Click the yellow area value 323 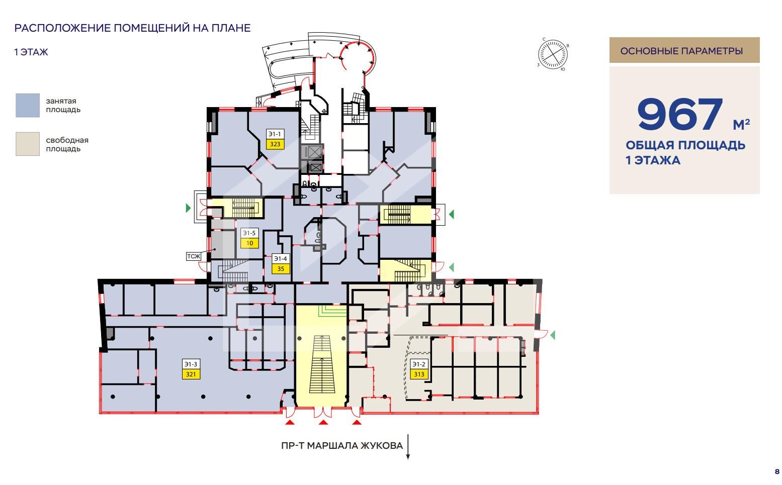coord(275,144)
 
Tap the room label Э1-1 coord(275,134)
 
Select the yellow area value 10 coord(249,243)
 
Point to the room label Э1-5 coord(249,233)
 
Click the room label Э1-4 coord(281,258)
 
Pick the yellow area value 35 coord(281,269)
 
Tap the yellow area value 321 coord(191,374)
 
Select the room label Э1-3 coord(191,364)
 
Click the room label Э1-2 coord(419,364)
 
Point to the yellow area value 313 coord(419,374)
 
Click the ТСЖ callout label coord(194,256)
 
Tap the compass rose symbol coord(553,54)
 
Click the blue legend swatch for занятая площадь coord(28,105)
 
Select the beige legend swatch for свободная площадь coord(28,144)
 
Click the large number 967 coord(680,114)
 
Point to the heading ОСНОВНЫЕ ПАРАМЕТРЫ coord(681,51)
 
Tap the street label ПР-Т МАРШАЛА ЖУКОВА coord(342,446)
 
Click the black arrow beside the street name coord(408,447)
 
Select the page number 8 coord(777,472)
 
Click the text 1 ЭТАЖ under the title coord(31,52)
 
